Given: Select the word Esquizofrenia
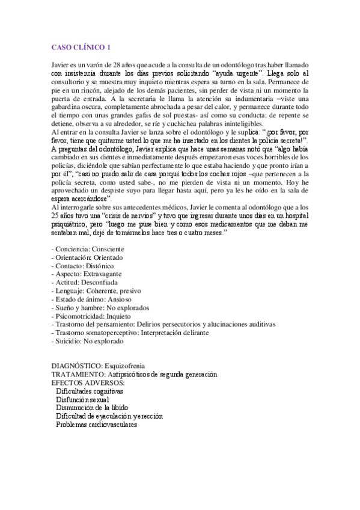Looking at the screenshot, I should (124, 366).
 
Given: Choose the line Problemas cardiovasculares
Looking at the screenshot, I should (96, 425).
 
